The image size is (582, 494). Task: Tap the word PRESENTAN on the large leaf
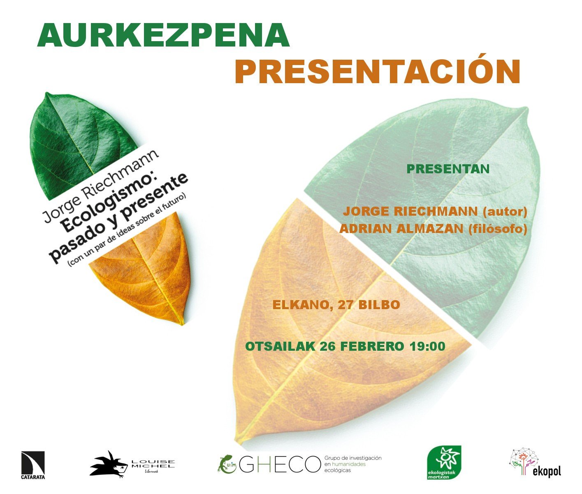pos(448,169)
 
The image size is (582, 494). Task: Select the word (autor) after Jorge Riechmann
pos(505,212)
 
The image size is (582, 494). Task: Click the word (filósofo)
pos(498,229)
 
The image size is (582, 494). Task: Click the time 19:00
pos(427,346)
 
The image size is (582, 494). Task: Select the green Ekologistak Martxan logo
pos(444,462)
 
